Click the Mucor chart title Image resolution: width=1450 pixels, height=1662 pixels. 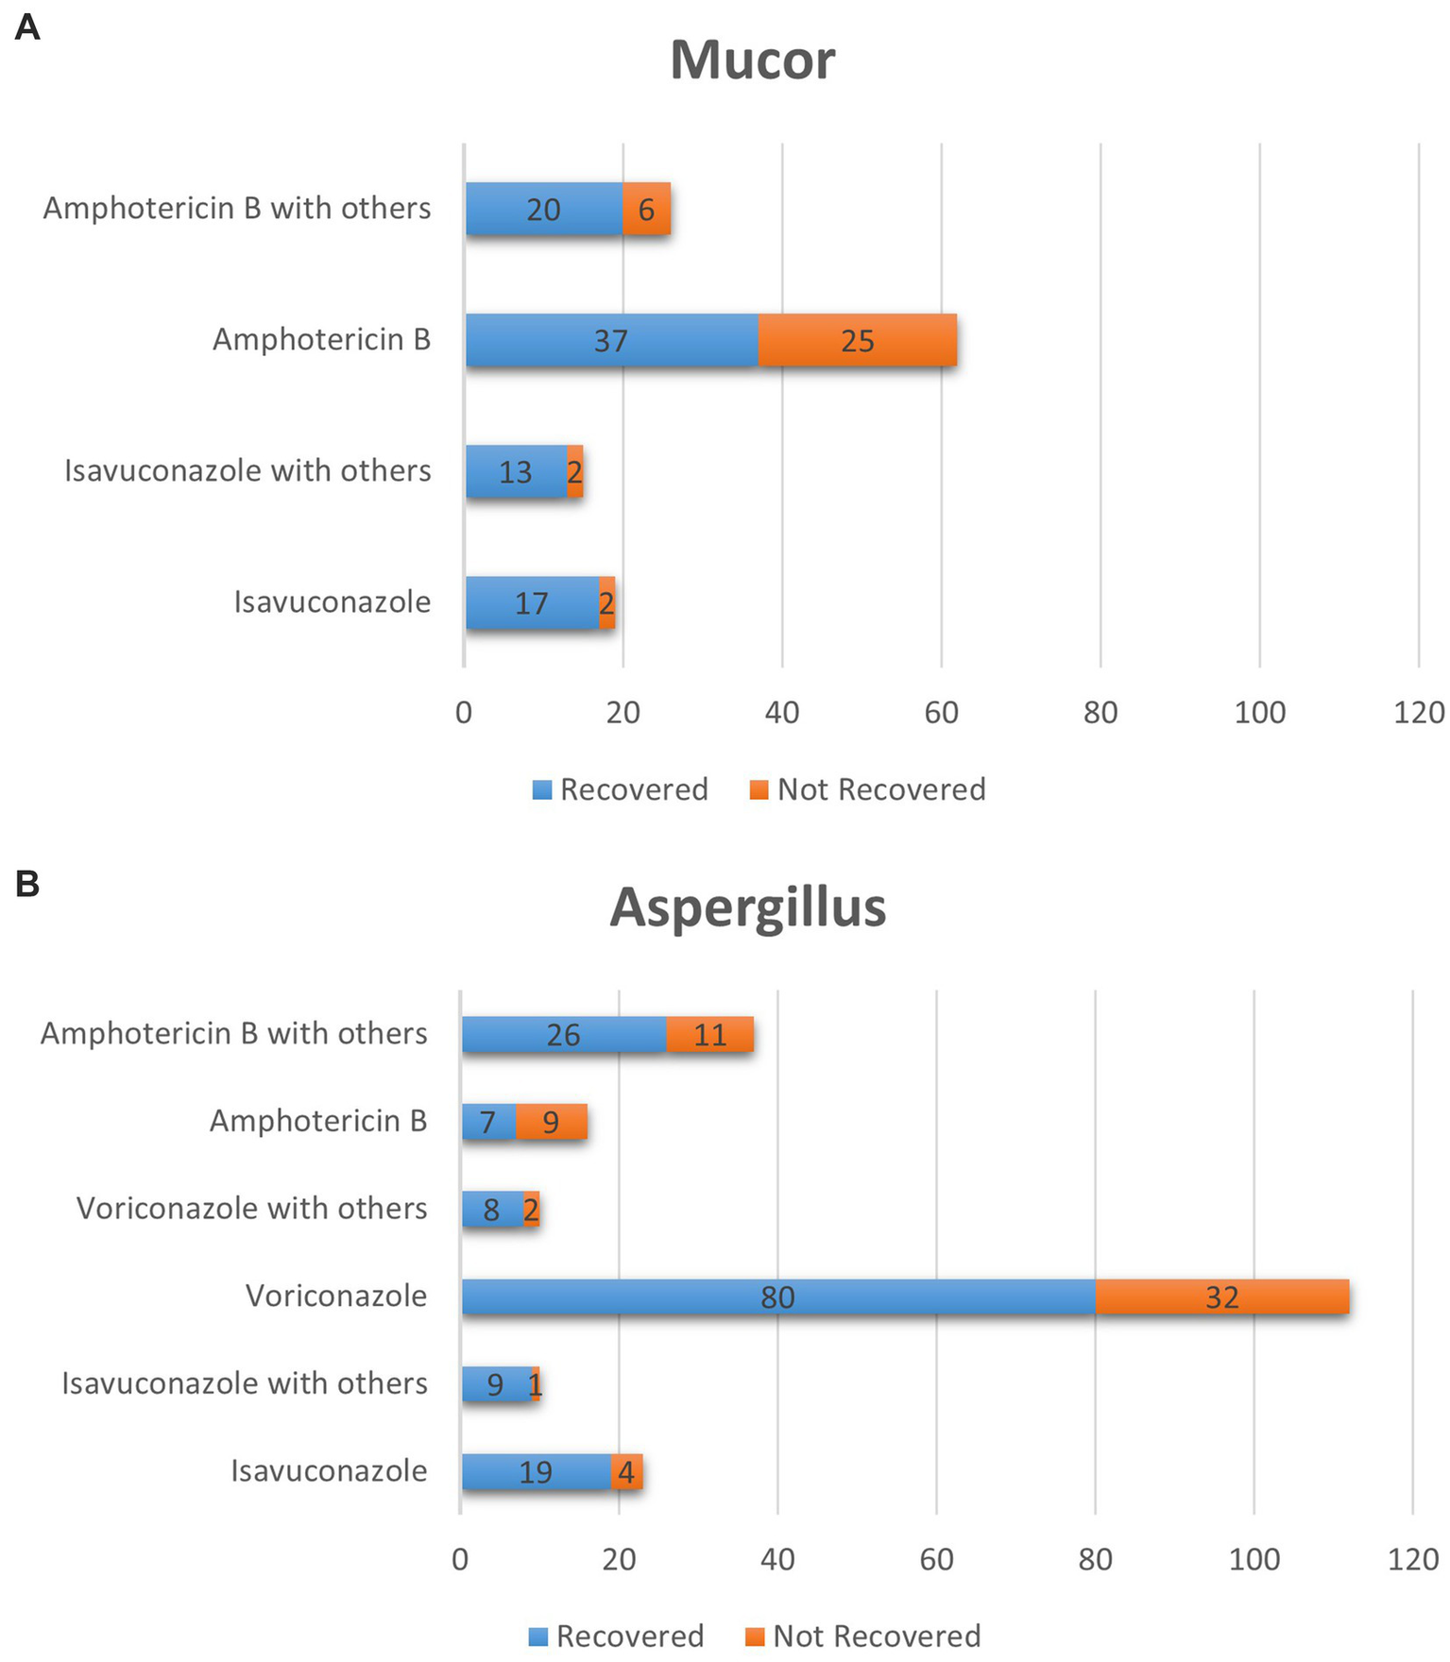(752, 60)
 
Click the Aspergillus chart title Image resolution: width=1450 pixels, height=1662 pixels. (747, 907)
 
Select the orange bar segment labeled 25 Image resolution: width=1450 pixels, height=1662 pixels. (857, 340)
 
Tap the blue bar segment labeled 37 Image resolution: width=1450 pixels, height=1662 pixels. (611, 340)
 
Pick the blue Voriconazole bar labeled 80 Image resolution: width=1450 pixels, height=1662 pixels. (777, 1297)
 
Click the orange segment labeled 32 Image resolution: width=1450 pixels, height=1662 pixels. (1221, 1297)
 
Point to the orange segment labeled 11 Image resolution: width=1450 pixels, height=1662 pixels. (709, 1034)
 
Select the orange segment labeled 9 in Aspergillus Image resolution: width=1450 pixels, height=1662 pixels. (551, 1122)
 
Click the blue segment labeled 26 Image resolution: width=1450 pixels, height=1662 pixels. (563, 1034)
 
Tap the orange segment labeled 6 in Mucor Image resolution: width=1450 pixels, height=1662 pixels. (646, 209)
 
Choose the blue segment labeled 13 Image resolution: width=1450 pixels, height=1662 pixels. (516, 471)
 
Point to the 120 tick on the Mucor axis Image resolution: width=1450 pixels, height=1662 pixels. (1418, 712)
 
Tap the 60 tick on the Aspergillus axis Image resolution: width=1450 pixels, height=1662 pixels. (936, 1558)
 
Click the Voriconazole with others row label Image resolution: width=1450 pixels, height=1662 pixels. (251, 1208)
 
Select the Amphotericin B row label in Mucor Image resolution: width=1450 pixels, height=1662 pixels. (321, 339)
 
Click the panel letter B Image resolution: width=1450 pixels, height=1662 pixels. (27, 884)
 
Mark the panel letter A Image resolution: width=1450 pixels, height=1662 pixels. (27, 27)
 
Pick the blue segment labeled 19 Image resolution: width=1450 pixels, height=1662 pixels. (536, 1471)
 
